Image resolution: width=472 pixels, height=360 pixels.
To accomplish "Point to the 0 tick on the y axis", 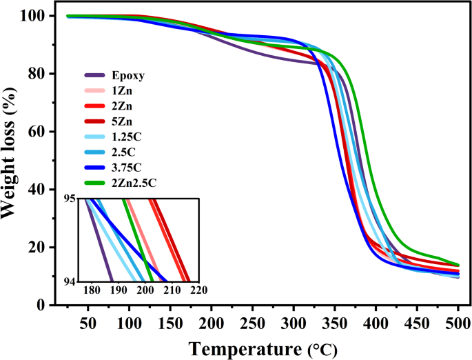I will (60, 305).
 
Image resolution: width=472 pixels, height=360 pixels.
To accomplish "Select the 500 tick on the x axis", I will (458, 323).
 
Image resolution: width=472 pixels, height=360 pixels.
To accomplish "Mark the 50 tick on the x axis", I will (88, 323).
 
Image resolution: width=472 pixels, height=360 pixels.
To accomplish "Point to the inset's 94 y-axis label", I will (72, 281).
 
